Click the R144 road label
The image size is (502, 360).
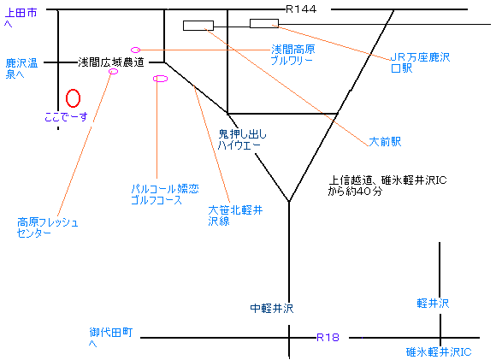click(x=301, y=9)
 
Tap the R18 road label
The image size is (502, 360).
click(x=328, y=337)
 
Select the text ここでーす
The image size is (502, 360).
click(x=66, y=116)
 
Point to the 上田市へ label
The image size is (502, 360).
click(x=21, y=18)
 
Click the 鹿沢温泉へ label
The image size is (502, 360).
click(x=21, y=68)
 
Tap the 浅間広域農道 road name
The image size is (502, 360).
click(x=111, y=62)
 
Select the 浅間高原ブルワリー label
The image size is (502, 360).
click(x=292, y=55)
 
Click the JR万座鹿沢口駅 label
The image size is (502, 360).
click(x=420, y=62)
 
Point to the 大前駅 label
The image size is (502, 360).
click(x=385, y=141)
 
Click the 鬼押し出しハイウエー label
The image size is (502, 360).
click(x=242, y=139)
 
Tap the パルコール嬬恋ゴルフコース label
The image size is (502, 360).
click(x=165, y=194)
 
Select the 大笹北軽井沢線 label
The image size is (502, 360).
click(x=235, y=215)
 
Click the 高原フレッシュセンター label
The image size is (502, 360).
click(x=48, y=227)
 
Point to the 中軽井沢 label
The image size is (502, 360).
click(x=271, y=308)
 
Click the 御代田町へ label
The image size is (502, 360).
click(x=111, y=337)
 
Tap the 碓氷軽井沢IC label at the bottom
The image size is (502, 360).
click(x=439, y=352)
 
